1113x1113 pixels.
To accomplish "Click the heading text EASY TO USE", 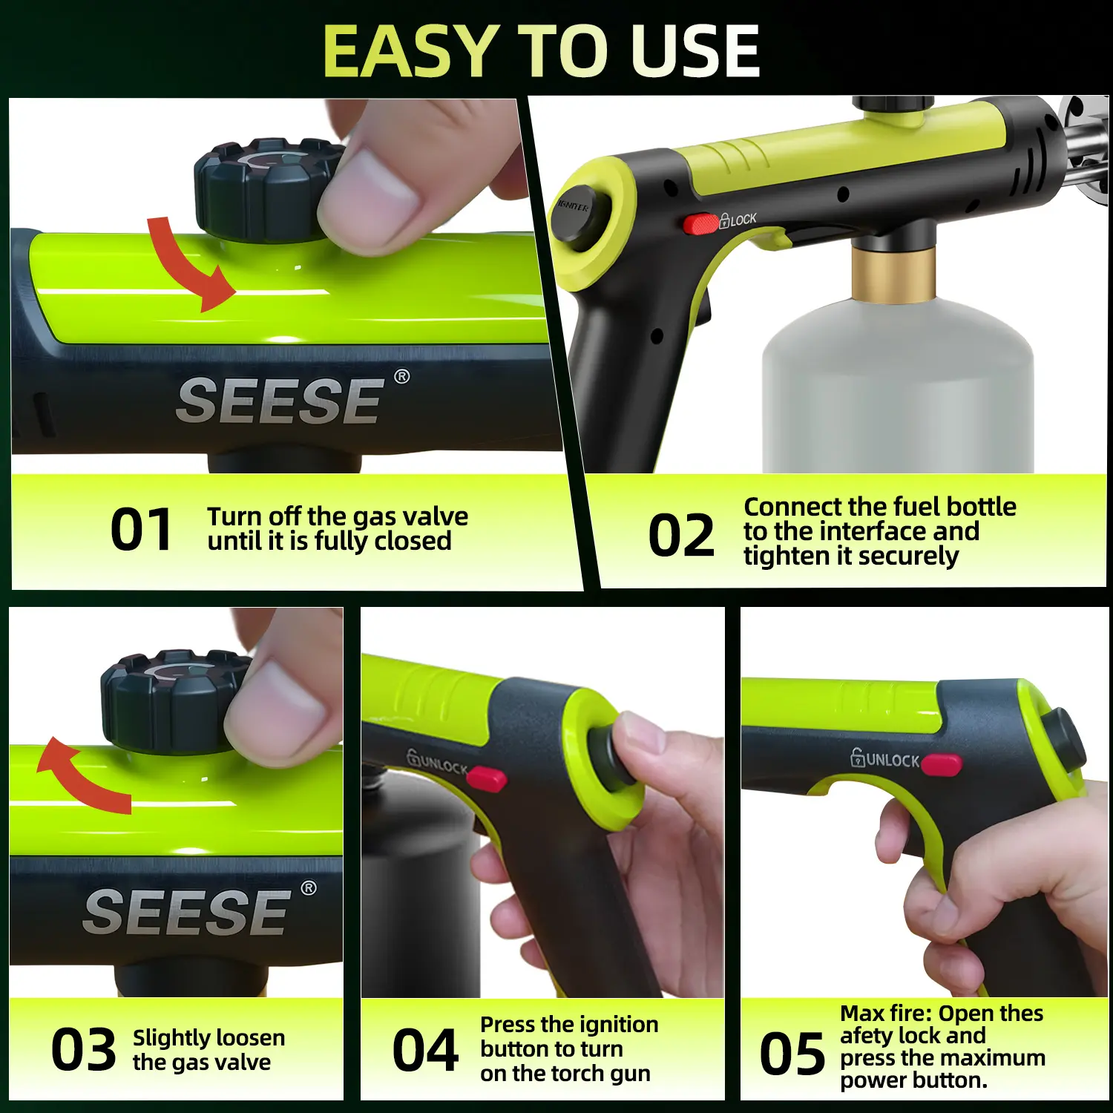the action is click(x=542, y=51).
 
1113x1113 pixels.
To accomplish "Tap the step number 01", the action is click(x=141, y=530).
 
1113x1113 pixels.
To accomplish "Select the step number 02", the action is click(x=681, y=535).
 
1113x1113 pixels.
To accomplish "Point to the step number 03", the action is click(x=84, y=1049).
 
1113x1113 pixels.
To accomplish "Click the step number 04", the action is click(x=425, y=1050).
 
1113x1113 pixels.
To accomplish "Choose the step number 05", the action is click(x=792, y=1054).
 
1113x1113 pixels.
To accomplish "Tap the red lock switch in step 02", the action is click(x=700, y=223).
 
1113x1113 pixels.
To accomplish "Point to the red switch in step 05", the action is click(x=941, y=764).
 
